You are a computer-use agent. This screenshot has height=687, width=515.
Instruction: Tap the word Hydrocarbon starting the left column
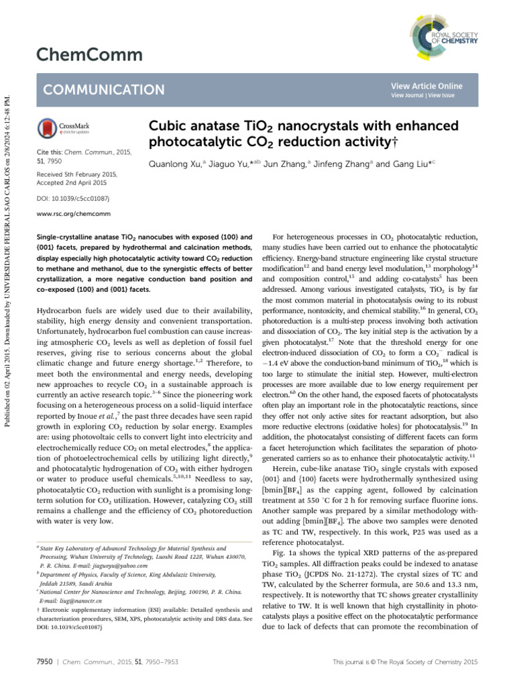60,311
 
